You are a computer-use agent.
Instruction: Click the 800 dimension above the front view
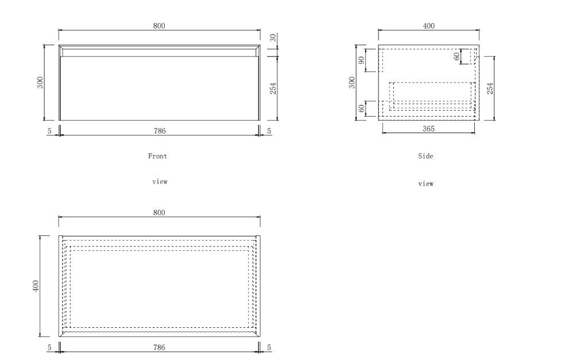pyautogui.click(x=159, y=26)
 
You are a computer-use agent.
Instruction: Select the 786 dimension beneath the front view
pyautogui.click(x=160, y=131)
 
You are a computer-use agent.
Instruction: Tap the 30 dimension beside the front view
pyautogui.click(x=273, y=37)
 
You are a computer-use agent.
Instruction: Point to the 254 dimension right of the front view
pyautogui.click(x=273, y=88)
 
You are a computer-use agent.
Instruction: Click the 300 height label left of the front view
pyautogui.click(x=40, y=82)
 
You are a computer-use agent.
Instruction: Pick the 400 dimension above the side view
pyautogui.click(x=428, y=26)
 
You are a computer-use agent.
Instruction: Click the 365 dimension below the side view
pyautogui.click(x=428, y=129)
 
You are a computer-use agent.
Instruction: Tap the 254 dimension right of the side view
pyautogui.click(x=490, y=88)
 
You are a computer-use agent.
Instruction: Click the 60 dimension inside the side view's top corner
pyautogui.click(x=456, y=56)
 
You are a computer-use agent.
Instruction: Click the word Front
pyautogui.click(x=157, y=156)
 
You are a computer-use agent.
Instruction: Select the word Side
pyautogui.click(x=425, y=156)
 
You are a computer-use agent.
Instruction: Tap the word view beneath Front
pyautogui.click(x=160, y=182)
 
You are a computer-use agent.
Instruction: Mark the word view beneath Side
pyautogui.click(x=425, y=184)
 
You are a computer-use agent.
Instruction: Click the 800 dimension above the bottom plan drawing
pyautogui.click(x=159, y=212)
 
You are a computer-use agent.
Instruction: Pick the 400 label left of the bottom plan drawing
pyautogui.click(x=36, y=286)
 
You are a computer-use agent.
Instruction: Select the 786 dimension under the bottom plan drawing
pyautogui.click(x=159, y=347)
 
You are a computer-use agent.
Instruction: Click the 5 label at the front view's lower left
pyautogui.click(x=49, y=131)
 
